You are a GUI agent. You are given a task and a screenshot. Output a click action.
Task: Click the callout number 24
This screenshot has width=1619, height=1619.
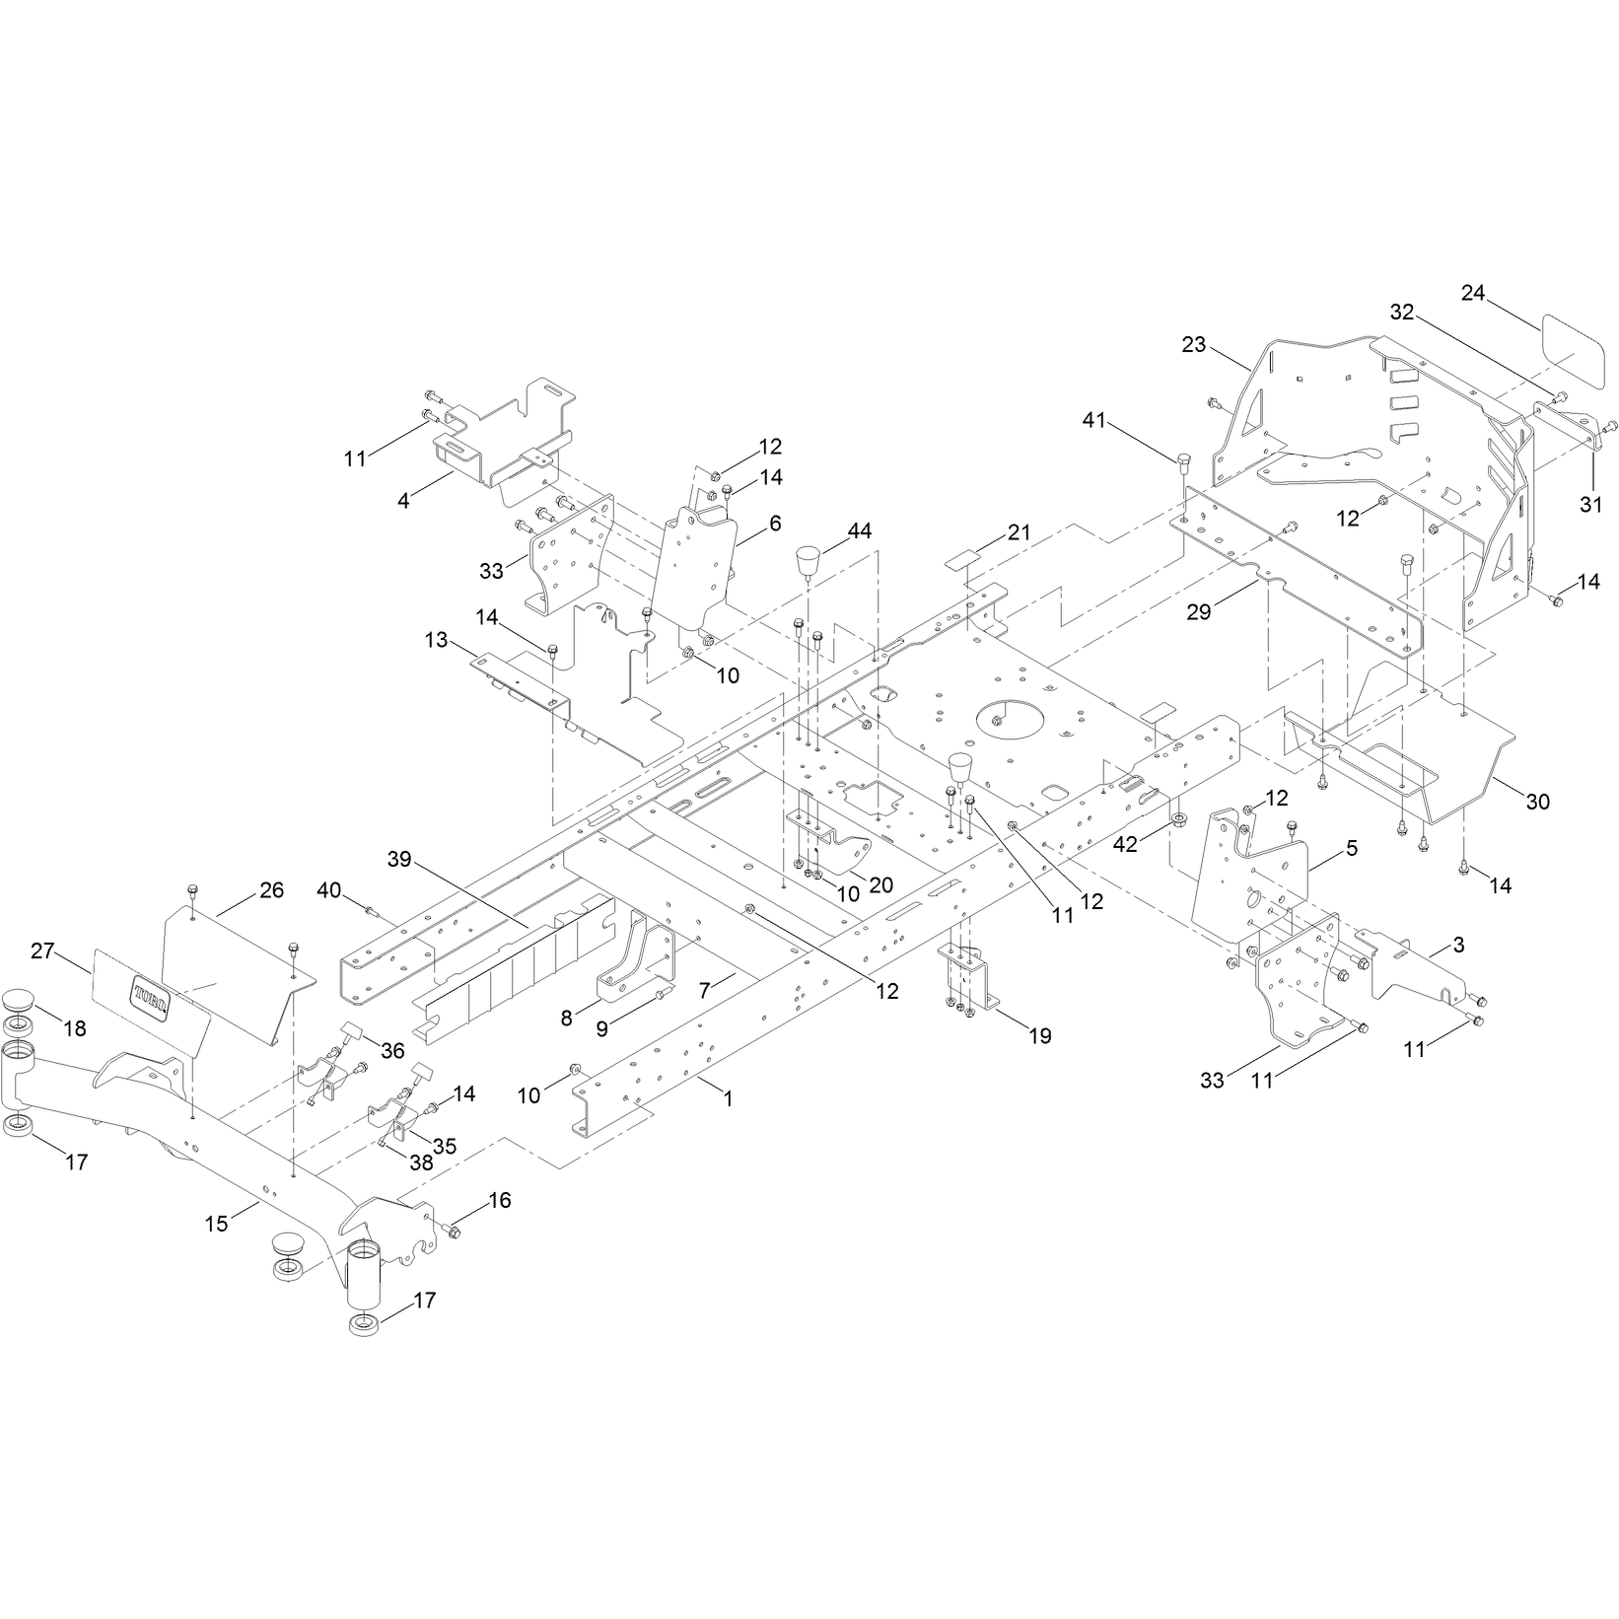click(1474, 293)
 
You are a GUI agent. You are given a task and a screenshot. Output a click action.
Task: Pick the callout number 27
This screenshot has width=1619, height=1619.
click(42, 951)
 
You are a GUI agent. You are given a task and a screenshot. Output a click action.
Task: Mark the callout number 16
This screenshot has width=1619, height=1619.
click(500, 1200)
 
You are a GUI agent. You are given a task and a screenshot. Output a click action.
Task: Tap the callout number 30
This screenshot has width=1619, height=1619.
click(1537, 802)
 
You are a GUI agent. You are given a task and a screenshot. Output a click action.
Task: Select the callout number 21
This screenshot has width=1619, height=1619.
click(1019, 532)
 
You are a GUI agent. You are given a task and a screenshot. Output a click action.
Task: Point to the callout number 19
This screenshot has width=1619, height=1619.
click(1039, 1035)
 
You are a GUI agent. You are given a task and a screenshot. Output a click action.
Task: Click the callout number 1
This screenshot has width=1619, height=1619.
click(728, 1097)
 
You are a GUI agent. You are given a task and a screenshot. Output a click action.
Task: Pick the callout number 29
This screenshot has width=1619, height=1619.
click(1198, 612)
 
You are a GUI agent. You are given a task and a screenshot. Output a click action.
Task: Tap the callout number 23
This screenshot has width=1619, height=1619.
click(1194, 345)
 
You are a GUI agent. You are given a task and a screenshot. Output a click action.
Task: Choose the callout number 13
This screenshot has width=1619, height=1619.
click(436, 640)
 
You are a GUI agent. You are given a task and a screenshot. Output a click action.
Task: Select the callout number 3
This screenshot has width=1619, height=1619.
click(1459, 945)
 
